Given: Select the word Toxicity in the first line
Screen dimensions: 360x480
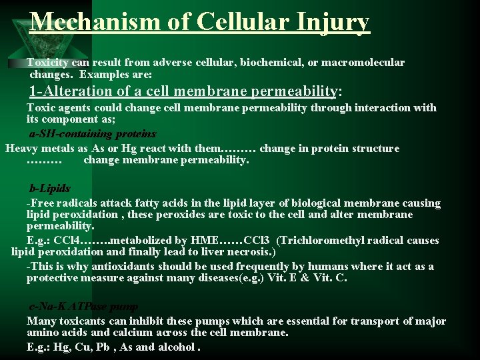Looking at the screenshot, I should click(x=49, y=62).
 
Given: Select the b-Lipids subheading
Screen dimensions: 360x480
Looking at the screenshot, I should click(x=49, y=188).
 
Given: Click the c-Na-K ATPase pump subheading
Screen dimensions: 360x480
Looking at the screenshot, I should click(x=83, y=307).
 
